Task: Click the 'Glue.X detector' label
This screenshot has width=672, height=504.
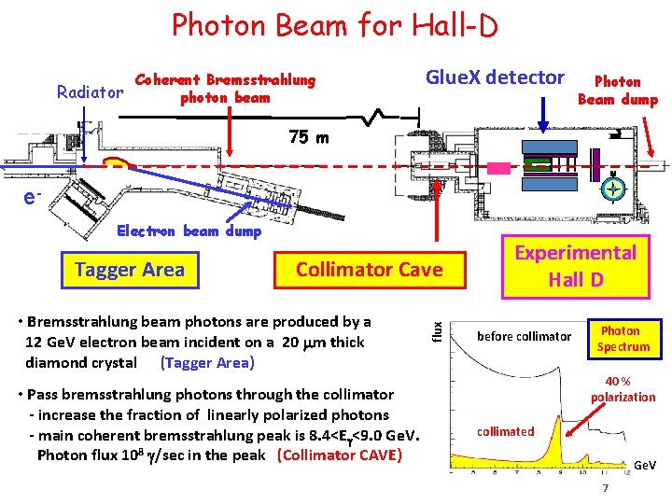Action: (x=495, y=77)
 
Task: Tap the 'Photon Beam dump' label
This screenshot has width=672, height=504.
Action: (x=618, y=91)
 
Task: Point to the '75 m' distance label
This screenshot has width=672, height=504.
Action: (x=309, y=138)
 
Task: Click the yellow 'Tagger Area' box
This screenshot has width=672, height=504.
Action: (x=130, y=270)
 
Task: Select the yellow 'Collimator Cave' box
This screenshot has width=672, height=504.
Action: (x=369, y=270)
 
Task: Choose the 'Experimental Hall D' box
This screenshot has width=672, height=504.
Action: (x=577, y=266)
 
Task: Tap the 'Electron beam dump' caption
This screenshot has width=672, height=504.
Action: (x=189, y=231)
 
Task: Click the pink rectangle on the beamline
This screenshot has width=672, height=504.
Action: (x=499, y=168)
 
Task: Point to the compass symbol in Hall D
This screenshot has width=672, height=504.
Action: (x=612, y=189)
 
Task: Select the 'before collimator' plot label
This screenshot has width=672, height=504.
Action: (x=524, y=336)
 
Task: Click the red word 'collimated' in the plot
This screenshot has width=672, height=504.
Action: (x=505, y=431)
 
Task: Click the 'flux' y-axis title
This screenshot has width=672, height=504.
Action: (x=437, y=329)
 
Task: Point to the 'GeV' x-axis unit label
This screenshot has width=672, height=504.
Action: (x=645, y=465)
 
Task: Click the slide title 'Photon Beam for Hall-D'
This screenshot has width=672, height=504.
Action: (x=335, y=25)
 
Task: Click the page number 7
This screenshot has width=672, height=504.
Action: (x=606, y=489)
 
